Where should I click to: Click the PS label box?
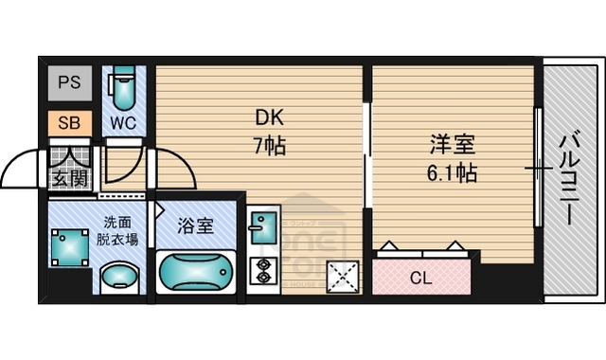69,82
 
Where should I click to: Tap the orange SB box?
69,122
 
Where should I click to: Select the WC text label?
123,122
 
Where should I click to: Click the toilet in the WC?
123,91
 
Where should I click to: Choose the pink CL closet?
420,277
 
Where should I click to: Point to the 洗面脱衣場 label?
121,231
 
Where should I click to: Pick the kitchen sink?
261,228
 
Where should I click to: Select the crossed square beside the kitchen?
342,276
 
